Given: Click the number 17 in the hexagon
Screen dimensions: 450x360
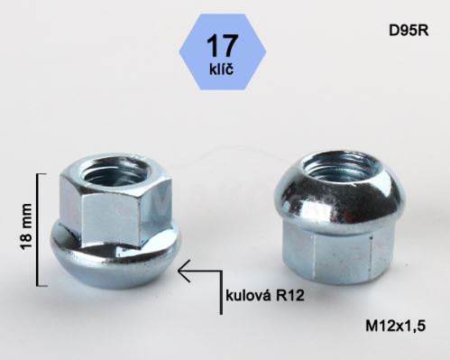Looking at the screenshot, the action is (x=222, y=46).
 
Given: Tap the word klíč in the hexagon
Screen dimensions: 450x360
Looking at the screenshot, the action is (x=222, y=69).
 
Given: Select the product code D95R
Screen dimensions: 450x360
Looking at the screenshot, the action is (x=409, y=31).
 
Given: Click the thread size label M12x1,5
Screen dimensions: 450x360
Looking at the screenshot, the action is (x=396, y=326).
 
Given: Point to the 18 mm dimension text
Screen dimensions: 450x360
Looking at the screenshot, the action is (x=26, y=226).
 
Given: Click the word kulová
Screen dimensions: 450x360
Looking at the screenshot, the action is (x=248, y=296).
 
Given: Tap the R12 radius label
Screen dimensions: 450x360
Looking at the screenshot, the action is (x=289, y=296).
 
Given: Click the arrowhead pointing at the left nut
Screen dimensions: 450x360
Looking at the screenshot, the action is (x=184, y=271).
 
